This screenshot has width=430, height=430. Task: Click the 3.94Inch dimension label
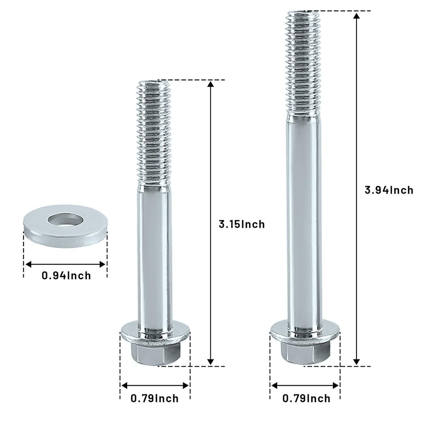(389, 190)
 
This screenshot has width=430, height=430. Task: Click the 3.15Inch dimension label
(242, 224)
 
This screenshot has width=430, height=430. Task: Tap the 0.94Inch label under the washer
(66, 276)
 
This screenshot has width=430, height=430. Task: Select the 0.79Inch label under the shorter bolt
(154, 399)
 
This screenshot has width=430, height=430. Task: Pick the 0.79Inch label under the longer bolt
(307, 399)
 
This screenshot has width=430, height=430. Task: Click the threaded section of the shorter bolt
(155, 133)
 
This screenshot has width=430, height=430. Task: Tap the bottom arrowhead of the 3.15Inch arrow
(210, 362)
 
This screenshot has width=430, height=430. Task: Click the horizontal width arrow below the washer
(64, 264)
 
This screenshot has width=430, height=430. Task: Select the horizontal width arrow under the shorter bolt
(155, 385)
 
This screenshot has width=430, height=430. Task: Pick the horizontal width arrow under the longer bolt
(305, 385)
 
